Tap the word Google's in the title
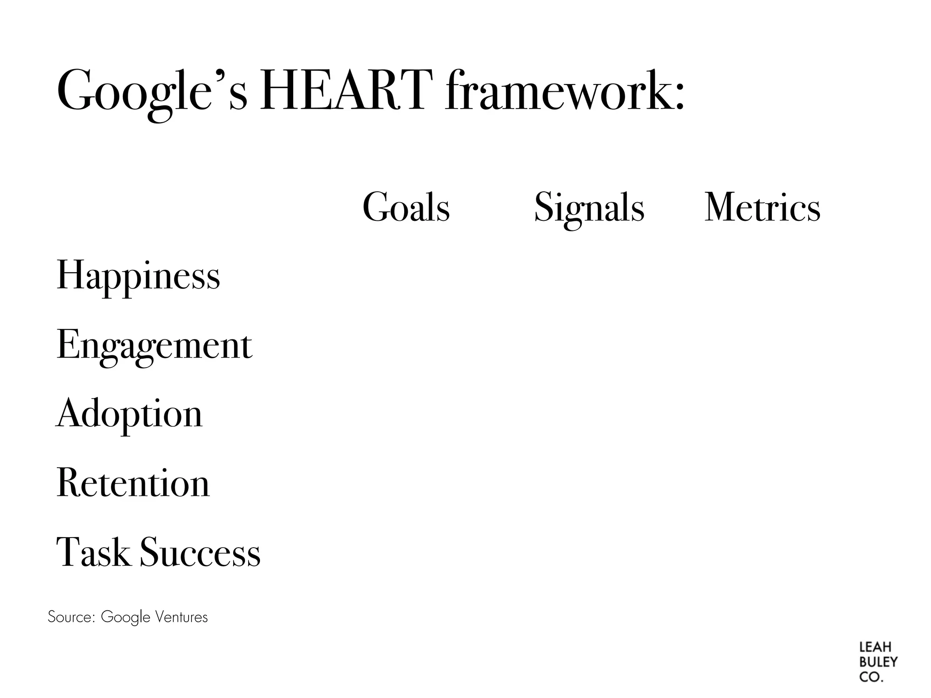tap(152, 91)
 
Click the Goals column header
tap(406, 208)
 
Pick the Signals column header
tap(589, 208)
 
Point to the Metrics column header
tap(762, 208)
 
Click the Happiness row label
tap(138, 276)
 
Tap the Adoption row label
tap(130, 414)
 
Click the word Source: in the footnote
tap(71, 617)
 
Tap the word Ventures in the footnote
tap(181, 617)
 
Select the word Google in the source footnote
tap(125, 617)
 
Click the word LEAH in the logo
tap(875, 647)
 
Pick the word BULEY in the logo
tap(878, 662)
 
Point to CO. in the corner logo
tap(871, 677)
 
